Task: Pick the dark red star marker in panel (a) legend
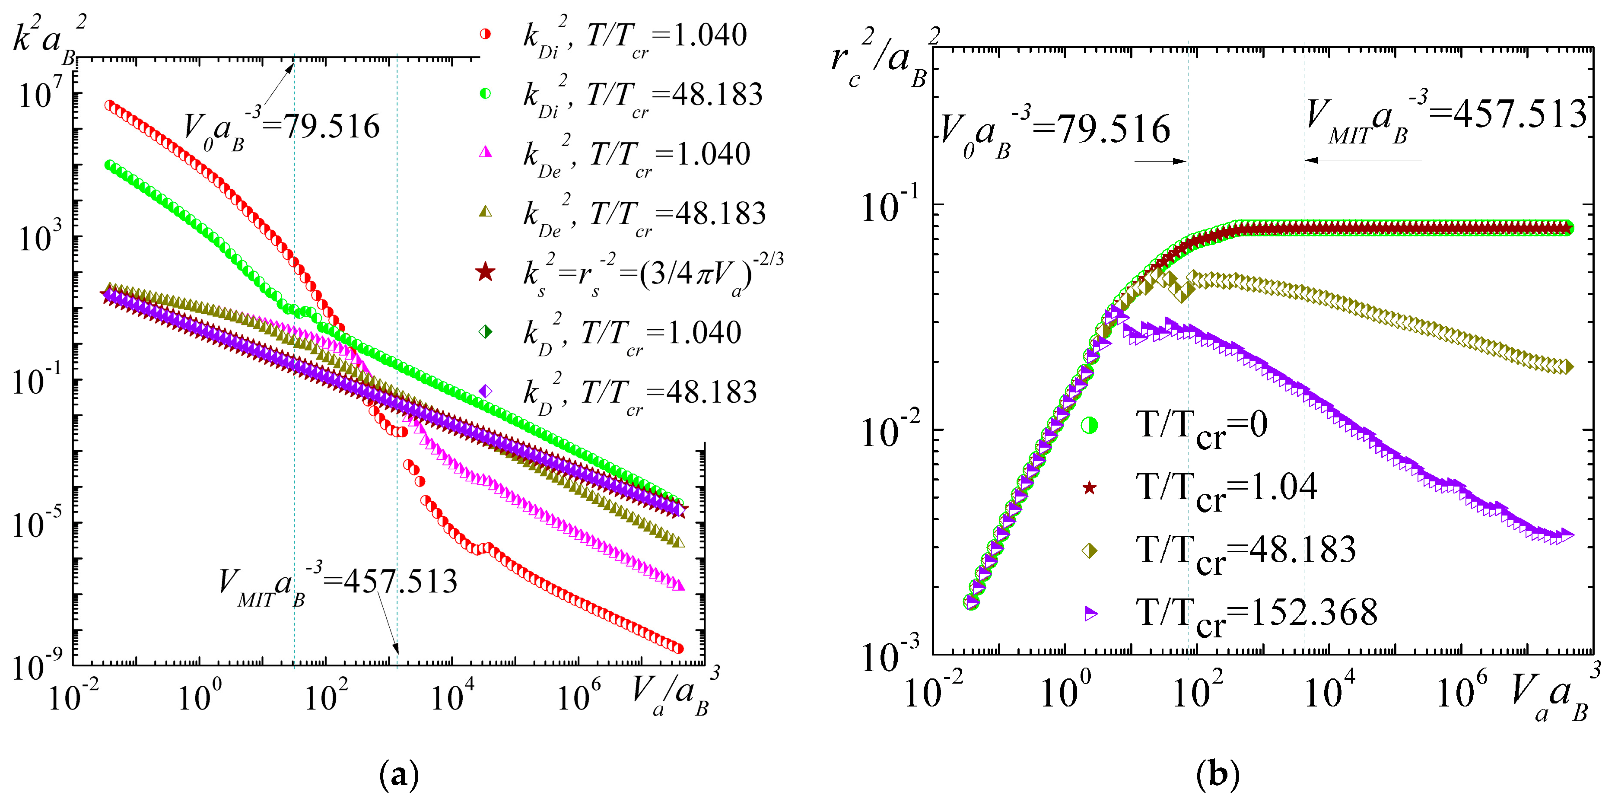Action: (485, 273)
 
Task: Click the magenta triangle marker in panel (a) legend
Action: (485, 152)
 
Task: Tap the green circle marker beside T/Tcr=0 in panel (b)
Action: (1090, 425)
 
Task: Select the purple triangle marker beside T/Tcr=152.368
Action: (1091, 613)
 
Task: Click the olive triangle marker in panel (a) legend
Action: (485, 212)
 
